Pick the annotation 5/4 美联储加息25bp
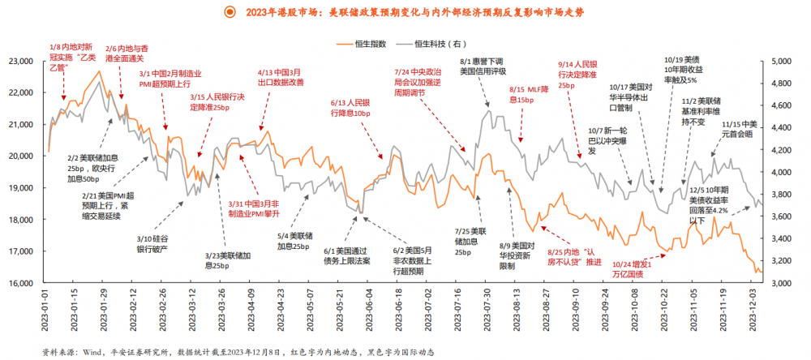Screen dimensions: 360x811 (294, 241)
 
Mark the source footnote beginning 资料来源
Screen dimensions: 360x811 (239, 353)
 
